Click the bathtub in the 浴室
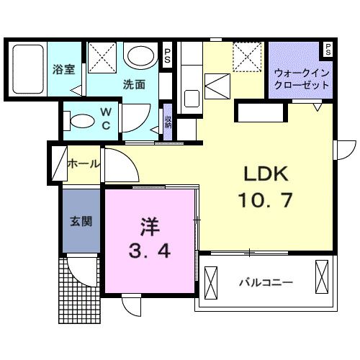point(27,69)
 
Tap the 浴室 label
point(63,71)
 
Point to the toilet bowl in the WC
point(81,119)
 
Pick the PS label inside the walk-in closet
point(328,50)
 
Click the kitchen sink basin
point(191,96)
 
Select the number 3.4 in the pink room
point(148,253)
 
